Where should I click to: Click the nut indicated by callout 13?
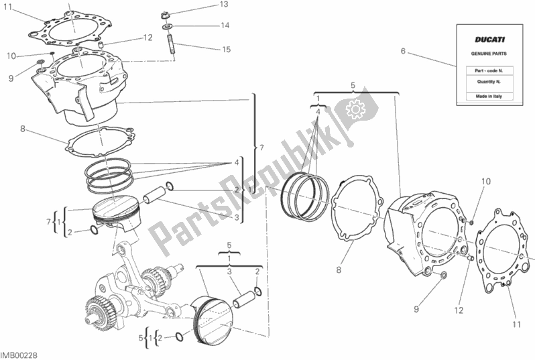click(167, 14)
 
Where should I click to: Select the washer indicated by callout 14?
click(167, 27)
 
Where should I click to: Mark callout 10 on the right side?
click(485, 182)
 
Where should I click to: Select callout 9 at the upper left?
click(11, 78)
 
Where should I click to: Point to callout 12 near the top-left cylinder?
click(147, 38)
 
